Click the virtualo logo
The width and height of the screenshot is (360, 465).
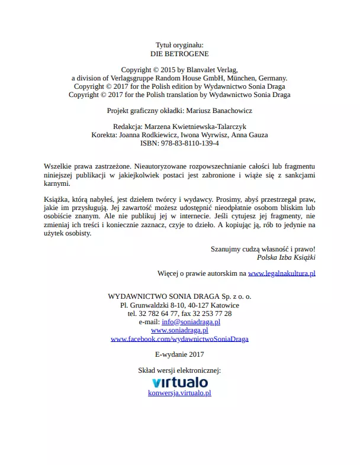(179, 383)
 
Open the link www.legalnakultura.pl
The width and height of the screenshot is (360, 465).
(281, 273)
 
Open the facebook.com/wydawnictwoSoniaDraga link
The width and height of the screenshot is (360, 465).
(179, 339)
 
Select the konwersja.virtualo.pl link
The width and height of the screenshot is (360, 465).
(179, 392)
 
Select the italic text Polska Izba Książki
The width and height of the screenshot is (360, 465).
(286, 257)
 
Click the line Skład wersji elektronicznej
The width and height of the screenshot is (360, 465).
(179, 370)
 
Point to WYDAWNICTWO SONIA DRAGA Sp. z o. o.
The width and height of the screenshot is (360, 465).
(179, 296)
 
